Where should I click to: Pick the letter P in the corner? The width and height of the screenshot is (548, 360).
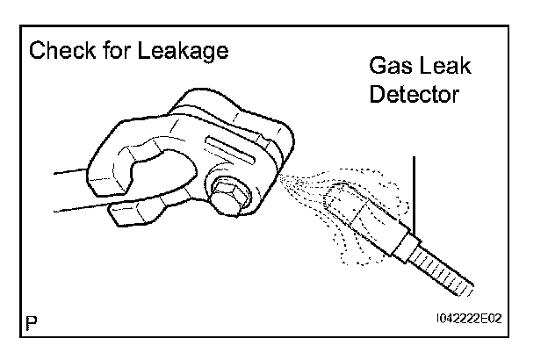(x=32, y=323)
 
